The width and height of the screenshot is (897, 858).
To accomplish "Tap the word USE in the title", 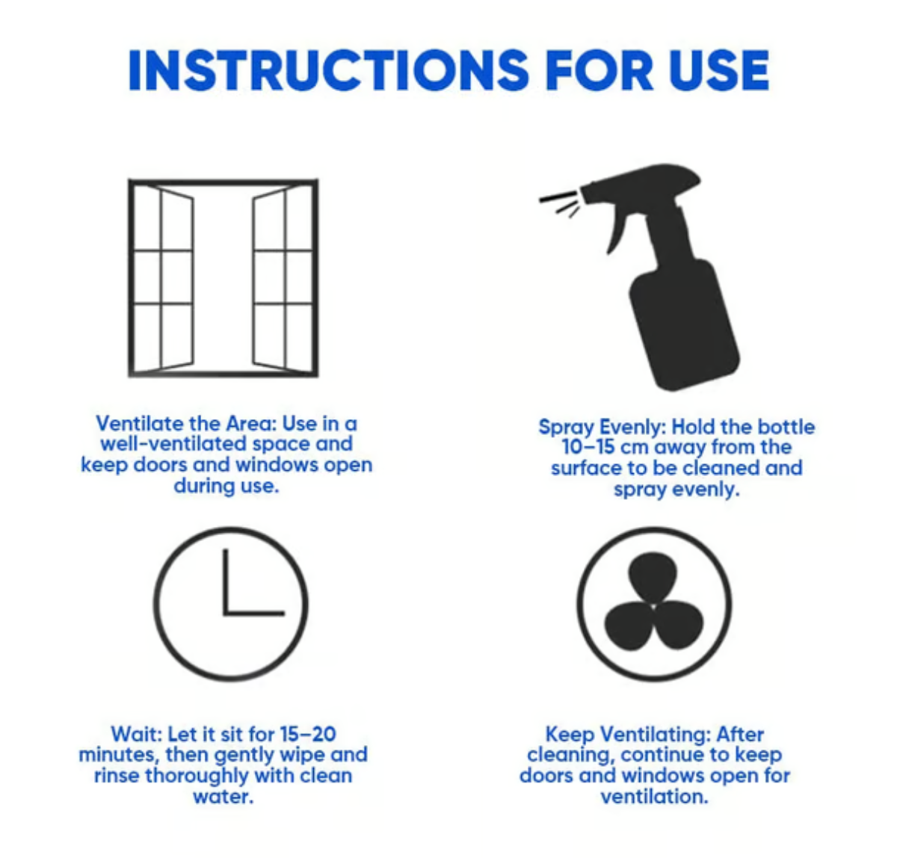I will pyautogui.click(x=718, y=71).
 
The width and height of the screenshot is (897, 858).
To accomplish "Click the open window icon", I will pyautogui.click(x=223, y=277).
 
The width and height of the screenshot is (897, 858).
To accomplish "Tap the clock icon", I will pyautogui.click(x=230, y=604).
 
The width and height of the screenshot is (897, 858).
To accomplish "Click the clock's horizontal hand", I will pyautogui.click(x=254, y=613).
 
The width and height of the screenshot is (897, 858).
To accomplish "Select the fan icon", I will pyautogui.click(x=654, y=604).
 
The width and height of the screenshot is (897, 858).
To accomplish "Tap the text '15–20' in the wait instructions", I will pyautogui.click(x=307, y=734).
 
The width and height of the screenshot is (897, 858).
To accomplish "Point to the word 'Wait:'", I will pyautogui.click(x=136, y=734).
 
